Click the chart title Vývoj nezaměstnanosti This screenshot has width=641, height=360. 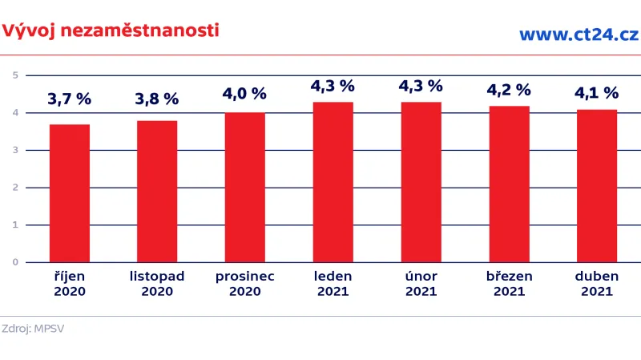point(111,31)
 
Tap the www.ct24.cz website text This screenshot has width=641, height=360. point(578,34)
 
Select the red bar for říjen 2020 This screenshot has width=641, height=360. point(70,193)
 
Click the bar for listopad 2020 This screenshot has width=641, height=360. point(157,192)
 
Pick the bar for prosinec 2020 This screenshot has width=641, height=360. point(244,188)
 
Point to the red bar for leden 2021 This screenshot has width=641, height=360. point(333,182)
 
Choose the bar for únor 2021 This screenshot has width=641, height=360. point(421,182)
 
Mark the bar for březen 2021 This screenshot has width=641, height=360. point(509,184)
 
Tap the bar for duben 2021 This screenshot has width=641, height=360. point(597,186)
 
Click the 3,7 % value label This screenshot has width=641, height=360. point(70,99)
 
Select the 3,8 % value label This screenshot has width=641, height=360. point(157,99)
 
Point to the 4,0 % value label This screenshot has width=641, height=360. point(244,94)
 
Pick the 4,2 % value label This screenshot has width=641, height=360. point(509,89)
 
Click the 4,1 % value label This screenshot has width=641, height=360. point(597,93)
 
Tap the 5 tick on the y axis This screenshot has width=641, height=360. point(15,75)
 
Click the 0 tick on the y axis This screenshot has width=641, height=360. point(15,262)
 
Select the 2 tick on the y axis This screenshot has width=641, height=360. point(15,188)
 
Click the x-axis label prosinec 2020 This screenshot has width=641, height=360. point(244,284)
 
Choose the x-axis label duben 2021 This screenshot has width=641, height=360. point(597,284)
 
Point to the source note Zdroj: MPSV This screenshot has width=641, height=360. point(33,329)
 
